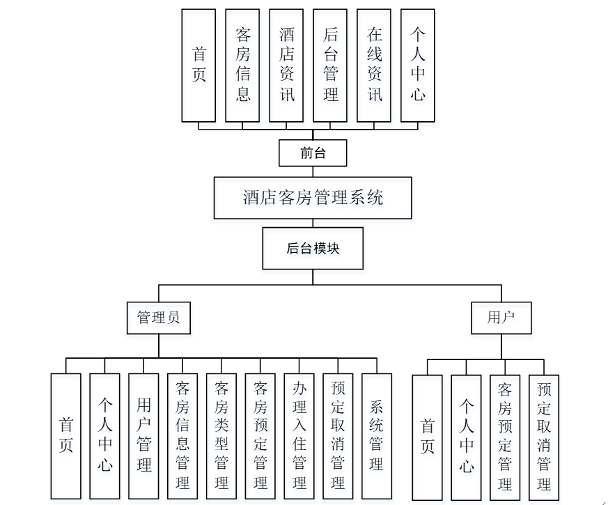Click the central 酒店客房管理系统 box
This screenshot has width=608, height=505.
click(x=313, y=198)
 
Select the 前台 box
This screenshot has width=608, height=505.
click(x=313, y=153)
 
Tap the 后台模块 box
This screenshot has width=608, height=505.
click(x=313, y=248)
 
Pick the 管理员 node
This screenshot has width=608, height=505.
click(x=159, y=318)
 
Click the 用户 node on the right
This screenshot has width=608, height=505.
click(x=501, y=318)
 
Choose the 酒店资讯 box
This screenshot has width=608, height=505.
click(x=286, y=65)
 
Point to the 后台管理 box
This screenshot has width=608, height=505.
click(x=330, y=65)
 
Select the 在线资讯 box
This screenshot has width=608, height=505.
click(x=374, y=65)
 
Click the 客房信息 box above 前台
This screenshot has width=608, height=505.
click(x=242, y=65)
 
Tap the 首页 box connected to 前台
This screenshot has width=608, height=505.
click(x=198, y=65)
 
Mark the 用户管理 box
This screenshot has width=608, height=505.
click(x=143, y=436)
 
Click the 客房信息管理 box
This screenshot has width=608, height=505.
click(x=182, y=436)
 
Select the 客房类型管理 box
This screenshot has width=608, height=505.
click(x=221, y=436)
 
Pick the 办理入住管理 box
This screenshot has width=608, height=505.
click(x=299, y=436)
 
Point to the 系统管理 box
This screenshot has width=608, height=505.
click(x=377, y=436)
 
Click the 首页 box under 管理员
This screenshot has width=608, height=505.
click(x=66, y=436)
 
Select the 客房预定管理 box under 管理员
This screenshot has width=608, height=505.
click(x=260, y=436)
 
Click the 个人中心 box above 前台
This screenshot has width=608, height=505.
click(x=418, y=65)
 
